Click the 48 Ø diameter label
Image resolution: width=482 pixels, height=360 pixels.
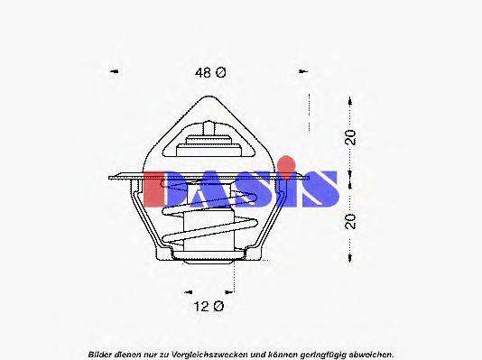coord(209,72)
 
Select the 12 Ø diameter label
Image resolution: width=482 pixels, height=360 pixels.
coord(209,307)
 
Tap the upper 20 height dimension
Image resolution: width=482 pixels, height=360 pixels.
coord(351,137)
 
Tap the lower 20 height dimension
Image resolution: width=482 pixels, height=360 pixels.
coord(351,219)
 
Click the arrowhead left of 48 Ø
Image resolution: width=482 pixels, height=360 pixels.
coord(114,71)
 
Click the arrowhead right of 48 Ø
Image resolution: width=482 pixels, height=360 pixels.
coord(302,71)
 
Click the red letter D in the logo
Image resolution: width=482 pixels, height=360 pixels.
coord(162,188)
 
